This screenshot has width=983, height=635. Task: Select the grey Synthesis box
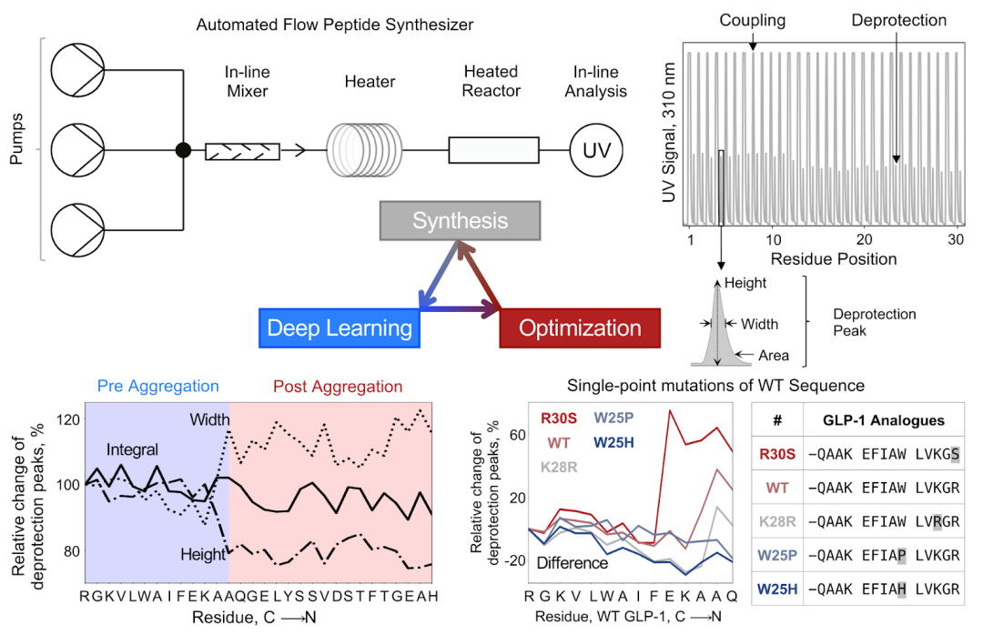pos(461,221)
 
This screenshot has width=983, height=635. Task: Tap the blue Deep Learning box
pos(339,328)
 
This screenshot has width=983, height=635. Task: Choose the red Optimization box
pos(576,328)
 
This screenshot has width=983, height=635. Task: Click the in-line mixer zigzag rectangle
pos(241,150)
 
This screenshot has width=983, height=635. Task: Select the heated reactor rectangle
pos(491,150)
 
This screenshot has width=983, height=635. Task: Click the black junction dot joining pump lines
pos(183,150)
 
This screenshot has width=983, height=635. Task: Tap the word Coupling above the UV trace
pos(752,19)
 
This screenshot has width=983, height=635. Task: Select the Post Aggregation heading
pos(339,387)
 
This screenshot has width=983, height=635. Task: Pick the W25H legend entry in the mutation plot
pos(617,443)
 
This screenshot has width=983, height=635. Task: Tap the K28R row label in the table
pos(777,521)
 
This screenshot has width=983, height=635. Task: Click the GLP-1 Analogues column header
pos(883,420)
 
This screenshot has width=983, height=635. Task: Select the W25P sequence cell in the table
pos(884,555)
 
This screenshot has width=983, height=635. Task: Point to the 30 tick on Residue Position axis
pos(955,240)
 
